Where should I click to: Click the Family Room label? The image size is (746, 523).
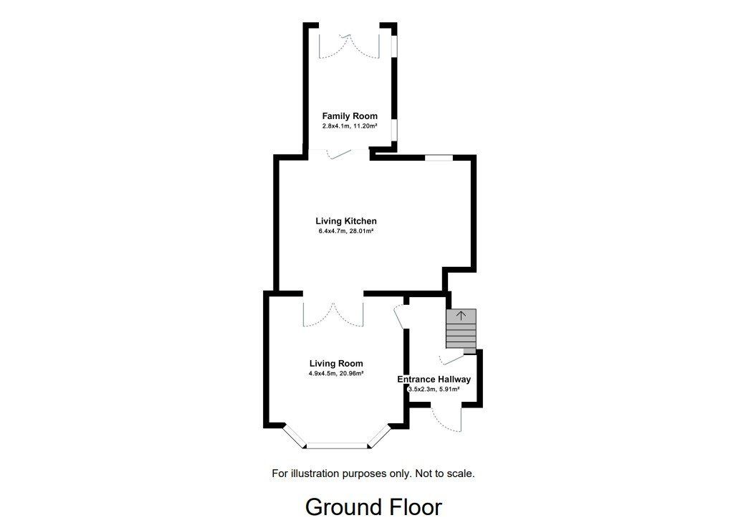(x=350, y=116)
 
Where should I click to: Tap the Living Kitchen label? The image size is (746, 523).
(x=346, y=221)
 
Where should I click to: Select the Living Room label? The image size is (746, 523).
(x=336, y=364)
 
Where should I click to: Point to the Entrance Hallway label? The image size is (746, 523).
(x=434, y=379)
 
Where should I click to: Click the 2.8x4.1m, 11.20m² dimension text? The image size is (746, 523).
(x=350, y=126)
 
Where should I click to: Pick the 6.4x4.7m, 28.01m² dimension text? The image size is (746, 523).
(x=346, y=232)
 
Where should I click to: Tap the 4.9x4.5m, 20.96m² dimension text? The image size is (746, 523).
(x=336, y=374)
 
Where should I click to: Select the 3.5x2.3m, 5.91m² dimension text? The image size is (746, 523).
(x=434, y=389)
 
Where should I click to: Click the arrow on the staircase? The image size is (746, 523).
(x=461, y=316)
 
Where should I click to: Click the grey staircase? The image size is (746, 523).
(x=461, y=331)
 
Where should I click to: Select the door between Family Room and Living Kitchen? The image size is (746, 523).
(x=340, y=154)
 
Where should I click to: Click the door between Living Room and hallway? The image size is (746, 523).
(x=400, y=317)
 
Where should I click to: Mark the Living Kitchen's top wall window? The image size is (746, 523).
(x=439, y=158)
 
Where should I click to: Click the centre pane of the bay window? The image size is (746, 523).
(x=338, y=446)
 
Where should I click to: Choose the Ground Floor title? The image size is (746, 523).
(x=373, y=507)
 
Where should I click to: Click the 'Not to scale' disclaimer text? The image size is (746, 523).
(x=445, y=473)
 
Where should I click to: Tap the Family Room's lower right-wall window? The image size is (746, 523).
(x=394, y=130)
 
